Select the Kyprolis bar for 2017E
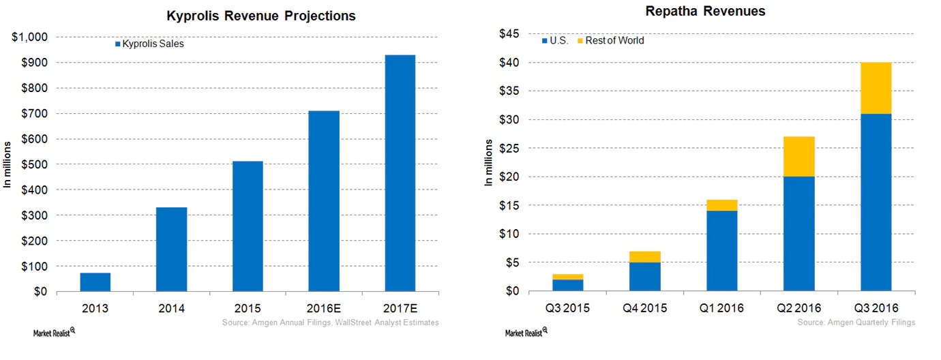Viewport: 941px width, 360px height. pyautogui.click(x=400, y=173)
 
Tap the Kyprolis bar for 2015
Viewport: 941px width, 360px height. pyautogui.click(x=248, y=226)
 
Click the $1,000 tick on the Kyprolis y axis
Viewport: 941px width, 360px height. pyautogui.click(x=31, y=37)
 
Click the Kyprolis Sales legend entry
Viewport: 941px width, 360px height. pyautogui.click(x=149, y=44)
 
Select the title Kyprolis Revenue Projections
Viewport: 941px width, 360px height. pyautogui.click(x=261, y=16)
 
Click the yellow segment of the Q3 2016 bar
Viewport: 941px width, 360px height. pyautogui.click(x=876, y=88)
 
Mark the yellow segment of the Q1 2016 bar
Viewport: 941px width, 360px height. pyautogui.click(x=721, y=205)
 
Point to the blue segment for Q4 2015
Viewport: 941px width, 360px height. pyautogui.click(x=644, y=277)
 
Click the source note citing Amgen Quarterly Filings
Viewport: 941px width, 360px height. pyautogui.click(x=856, y=322)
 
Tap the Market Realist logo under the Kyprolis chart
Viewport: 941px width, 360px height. pyautogui.click(x=54, y=333)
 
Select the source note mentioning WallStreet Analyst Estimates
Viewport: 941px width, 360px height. pyautogui.click(x=330, y=322)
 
